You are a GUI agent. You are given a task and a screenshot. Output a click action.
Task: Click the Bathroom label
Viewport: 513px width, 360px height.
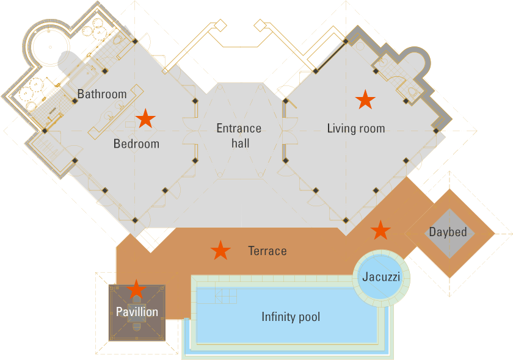tap(102, 94)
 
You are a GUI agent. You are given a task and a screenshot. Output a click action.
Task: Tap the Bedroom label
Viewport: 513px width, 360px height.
tap(136, 144)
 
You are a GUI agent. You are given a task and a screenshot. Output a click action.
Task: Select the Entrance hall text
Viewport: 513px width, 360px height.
tap(239, 135)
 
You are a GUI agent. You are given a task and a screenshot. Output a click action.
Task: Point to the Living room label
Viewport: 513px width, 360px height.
tap(355, 128)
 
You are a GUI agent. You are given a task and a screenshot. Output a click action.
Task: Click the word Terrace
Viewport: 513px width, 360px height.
tap(267, 251)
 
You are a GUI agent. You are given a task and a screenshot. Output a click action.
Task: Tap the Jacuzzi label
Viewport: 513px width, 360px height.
tap(381, 276)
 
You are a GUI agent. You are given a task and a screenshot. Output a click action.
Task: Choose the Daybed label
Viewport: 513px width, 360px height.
tap(448, 232)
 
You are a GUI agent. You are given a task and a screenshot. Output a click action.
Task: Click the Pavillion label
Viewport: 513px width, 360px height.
tap(137, 312)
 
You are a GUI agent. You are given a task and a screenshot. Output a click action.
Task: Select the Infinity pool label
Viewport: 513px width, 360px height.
tap(291, 317)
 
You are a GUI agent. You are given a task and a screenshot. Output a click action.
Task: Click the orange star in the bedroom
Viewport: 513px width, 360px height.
tap(145, 118)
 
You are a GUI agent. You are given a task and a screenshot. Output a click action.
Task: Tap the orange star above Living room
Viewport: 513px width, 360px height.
tap(365, 99)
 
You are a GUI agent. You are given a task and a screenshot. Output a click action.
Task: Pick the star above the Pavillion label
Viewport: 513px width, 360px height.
tap(136, 289)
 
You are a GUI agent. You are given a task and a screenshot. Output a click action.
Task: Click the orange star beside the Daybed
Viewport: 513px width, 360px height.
tap(380, 230)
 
